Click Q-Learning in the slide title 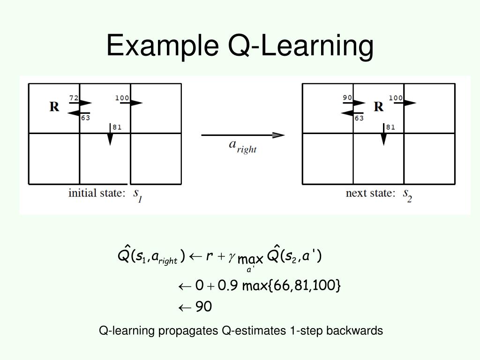[x=300, y=46]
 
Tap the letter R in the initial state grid [x=54, y=107]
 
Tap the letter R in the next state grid [x=378, y=107]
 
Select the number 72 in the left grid [x=74, y=98]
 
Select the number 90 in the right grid [x=347, y=97]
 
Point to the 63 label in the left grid [x=85, y=118]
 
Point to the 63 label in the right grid [x=359, y=118]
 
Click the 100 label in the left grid [x=122, y=97]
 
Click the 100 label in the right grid [x=396, y=97]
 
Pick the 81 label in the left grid [x=117, y=127]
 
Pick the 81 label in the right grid [x=390, y=127]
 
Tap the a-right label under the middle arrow [x=242, y=146]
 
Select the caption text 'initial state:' [x=97, y=193]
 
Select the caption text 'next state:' [x=370, y=193]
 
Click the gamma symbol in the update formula [x=232, y=257]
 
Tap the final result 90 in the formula [x=203, y=307]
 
